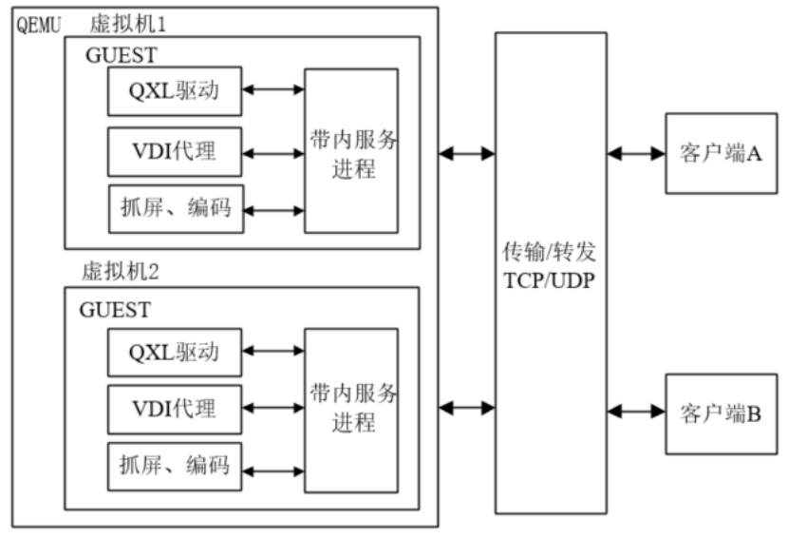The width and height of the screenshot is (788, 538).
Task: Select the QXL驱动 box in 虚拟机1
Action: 175,92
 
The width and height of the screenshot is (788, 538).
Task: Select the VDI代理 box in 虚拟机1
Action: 175,151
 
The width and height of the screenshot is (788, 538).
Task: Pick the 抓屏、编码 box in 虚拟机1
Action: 175,208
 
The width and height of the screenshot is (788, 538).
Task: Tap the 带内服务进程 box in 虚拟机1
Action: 350,150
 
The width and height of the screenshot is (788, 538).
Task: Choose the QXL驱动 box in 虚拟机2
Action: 175,353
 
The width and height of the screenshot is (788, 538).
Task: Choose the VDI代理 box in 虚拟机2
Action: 175,410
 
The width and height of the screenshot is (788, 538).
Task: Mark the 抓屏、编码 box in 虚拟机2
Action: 175,467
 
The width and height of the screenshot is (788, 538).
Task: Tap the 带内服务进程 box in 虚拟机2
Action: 350,410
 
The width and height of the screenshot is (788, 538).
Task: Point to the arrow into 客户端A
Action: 636,152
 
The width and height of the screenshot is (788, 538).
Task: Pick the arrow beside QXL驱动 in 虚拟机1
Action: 273,90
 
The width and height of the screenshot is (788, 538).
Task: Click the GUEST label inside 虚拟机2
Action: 115,310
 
